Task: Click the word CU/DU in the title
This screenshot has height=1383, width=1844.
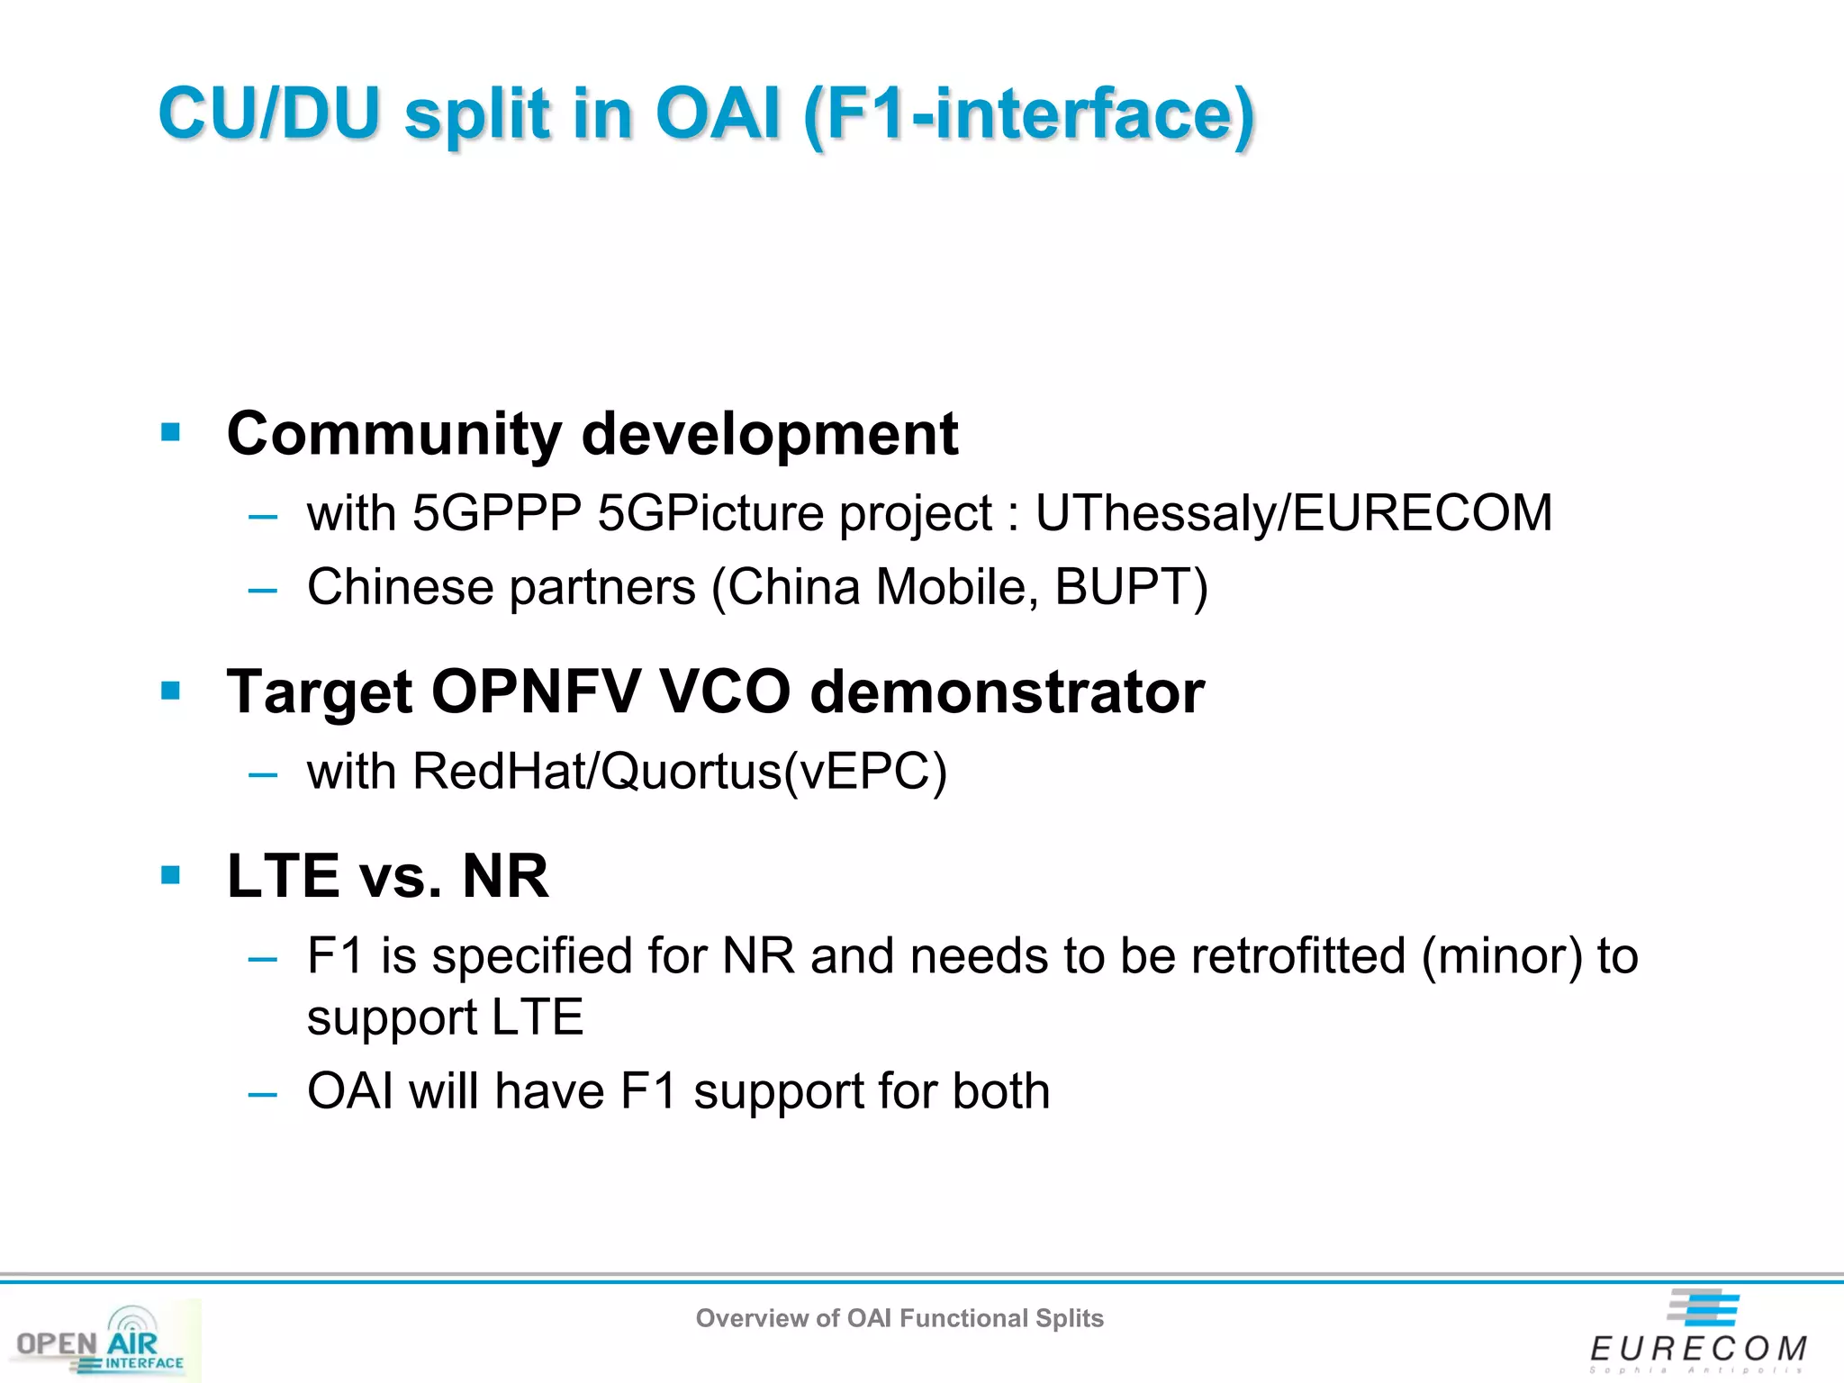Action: coord(268,114)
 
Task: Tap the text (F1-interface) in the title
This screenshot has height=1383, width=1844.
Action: coord(1028,114)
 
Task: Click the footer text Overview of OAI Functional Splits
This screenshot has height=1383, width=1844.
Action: coord(899,1318)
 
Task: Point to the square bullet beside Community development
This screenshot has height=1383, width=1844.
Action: coord(170,433)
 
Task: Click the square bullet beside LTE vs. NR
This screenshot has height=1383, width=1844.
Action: coord(170,875)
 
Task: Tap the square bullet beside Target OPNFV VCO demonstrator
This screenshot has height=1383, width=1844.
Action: coord(170,691)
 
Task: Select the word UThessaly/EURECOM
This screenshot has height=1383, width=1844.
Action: coord(1293,513)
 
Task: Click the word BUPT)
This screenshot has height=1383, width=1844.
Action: coord(1131,588)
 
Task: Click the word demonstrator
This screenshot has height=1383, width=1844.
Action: coord(1007,691)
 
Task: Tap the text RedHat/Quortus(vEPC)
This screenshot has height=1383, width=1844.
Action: coord(680,772)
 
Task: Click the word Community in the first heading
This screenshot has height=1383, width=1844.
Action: coord(394,434)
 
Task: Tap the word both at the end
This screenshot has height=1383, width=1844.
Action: coord(1000,1091)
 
